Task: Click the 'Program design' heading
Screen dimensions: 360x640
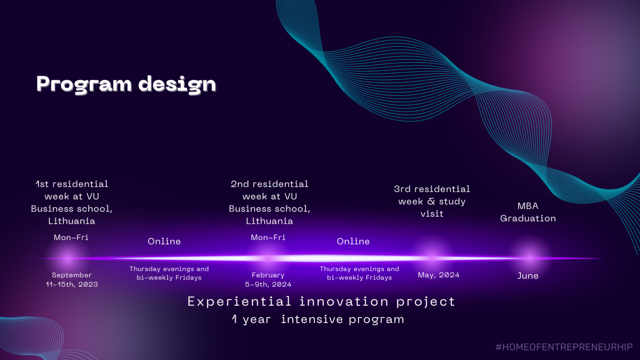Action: tap(126, 84)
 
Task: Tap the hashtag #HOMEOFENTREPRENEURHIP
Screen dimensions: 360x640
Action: tap(564, 347)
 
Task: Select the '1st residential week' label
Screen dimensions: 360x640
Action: tap(72, 202)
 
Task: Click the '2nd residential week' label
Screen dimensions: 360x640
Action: tap(269, 202)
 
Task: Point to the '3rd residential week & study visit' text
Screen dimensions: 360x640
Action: tap(432, 201)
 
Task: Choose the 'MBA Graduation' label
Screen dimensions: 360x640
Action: tap(528, 212)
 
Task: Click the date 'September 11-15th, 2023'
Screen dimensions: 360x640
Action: tap(72, 280)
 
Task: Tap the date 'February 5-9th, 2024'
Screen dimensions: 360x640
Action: tap(268, 280)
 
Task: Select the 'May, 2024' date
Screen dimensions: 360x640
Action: tap(439, 275)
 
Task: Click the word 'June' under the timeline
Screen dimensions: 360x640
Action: tap(528, 276)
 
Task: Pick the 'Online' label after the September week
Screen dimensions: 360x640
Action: tap(164, 241)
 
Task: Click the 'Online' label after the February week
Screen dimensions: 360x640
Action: tap(353, 241)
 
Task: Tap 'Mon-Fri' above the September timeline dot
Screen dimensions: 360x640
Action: tap(71, 237)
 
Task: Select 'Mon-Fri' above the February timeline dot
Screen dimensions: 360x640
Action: tap(268, 237)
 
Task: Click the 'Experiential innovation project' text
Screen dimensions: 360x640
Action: tap(321, 302)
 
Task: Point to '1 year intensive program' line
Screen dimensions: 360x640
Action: tap(318, 319)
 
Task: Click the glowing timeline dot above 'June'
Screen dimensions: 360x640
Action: tap(529, 258)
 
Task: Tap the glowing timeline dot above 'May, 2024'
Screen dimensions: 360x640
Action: tap(432, 258)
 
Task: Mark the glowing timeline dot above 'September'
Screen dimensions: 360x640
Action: tap(68, 258)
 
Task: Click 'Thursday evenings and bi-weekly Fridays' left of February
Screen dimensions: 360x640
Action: tap(169, 273)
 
